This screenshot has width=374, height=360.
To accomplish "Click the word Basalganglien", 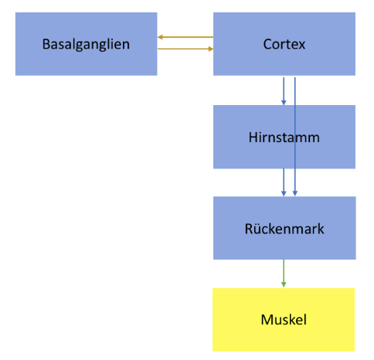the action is tap(86, 45).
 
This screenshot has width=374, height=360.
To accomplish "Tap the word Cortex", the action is tap(284, 44).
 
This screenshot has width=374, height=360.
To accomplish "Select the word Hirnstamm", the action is tap(284, 138).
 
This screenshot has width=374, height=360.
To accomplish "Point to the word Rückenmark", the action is tap(284, 229).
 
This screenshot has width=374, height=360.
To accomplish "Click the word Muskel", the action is tap(284, 320).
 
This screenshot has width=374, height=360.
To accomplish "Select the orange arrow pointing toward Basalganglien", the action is tap(185, 37).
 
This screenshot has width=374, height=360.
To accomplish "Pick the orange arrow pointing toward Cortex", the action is tap(185, 49).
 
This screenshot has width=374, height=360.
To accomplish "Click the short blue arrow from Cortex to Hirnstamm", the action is tap(284, 91).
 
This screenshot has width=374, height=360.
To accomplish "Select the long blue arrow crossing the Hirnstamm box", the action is tap(295, 137).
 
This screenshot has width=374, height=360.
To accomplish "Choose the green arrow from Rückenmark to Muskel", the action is tap(284, 273).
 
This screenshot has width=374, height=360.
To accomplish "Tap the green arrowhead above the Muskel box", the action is tap(284, 284).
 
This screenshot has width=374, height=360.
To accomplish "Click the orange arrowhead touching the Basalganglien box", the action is tap(160, 37).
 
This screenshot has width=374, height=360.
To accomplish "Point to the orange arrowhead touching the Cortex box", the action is tap(211, 49).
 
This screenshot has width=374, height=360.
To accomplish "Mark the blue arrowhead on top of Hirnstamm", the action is tap(284, 103).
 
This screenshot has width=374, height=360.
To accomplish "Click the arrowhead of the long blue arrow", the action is tap(295, 193).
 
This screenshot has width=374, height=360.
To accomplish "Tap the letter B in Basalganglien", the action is tap(46, 44).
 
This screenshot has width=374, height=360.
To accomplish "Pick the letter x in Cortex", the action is tap(302, 46).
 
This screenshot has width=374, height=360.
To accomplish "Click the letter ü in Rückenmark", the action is tap(257, 229).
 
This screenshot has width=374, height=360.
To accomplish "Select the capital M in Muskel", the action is tap(266, 320).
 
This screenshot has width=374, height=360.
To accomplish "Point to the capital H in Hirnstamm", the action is tap(253, 138).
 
